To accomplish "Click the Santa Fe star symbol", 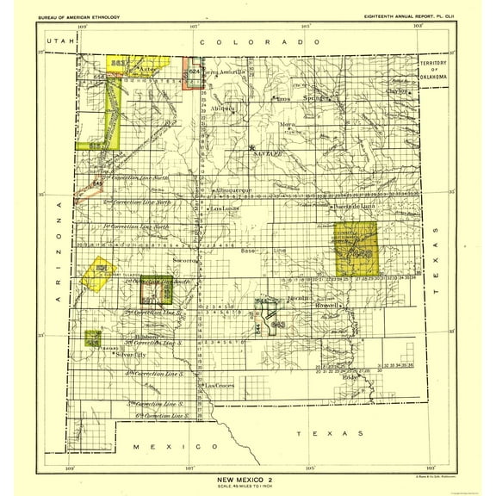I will [251, 148].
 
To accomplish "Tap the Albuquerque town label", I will [233, 188].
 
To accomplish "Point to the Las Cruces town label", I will [220, 386].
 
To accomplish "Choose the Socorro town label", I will [186, 259].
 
